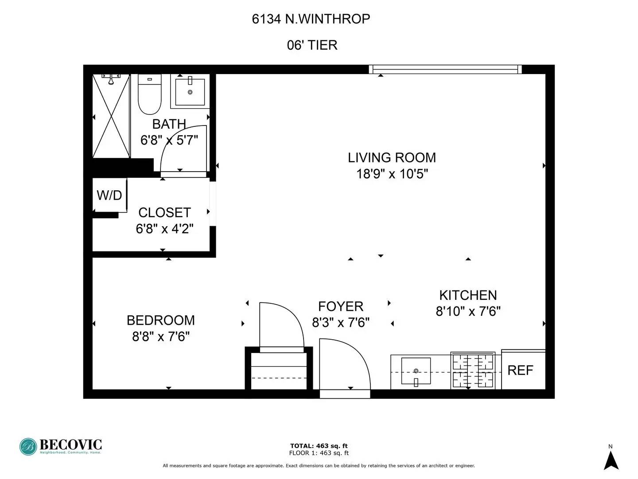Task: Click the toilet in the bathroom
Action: [149, 94]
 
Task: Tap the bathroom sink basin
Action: [190, 92]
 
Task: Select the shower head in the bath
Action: [111, 79]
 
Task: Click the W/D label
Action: [109, 195]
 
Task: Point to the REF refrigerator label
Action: [520, 370]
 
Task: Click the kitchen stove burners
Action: [473, 370]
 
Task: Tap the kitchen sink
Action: [416, 371]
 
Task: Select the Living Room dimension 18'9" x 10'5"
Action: [392, 174]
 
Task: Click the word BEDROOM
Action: [161, 320]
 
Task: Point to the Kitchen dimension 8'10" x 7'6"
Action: [468, 311]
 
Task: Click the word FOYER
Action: [341, 306]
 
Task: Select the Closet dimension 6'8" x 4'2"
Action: [164, 228]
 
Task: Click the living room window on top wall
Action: [445, 69]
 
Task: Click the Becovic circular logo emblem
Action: [28, 447]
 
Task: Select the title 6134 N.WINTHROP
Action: [311, 19]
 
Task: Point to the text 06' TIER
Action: [312, 45]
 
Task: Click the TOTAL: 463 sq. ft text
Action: [319, 446]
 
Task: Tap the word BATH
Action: [169, 124]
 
